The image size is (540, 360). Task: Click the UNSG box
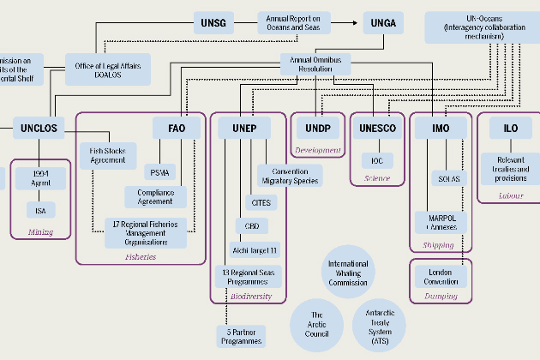pyautogui.click(x=212, y=22)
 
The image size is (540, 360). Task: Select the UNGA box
pyautogui.click(x=383, y=22)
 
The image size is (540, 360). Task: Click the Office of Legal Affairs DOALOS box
pyautogui.click(x=108, y=67)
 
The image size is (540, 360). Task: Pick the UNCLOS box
pyautogui.click(x=37, y=129)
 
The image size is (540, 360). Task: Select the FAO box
pyautogui.click(x=177, y=129)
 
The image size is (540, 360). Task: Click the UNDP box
pyautogui.click(x=317, y=129)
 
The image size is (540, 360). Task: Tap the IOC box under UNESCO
pyautogui.click(x=377, y=161)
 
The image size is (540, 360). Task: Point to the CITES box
pyautogui.click(x=259, y=202)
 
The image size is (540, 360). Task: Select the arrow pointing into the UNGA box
pyautogui.click(x=357, y=22)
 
